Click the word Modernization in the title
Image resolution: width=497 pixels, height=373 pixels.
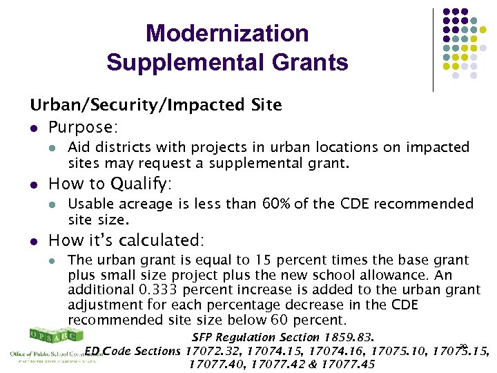point(227,33)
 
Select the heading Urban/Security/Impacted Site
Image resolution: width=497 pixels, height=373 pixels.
point(155,105)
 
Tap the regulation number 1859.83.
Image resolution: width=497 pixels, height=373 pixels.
point(347,338)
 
